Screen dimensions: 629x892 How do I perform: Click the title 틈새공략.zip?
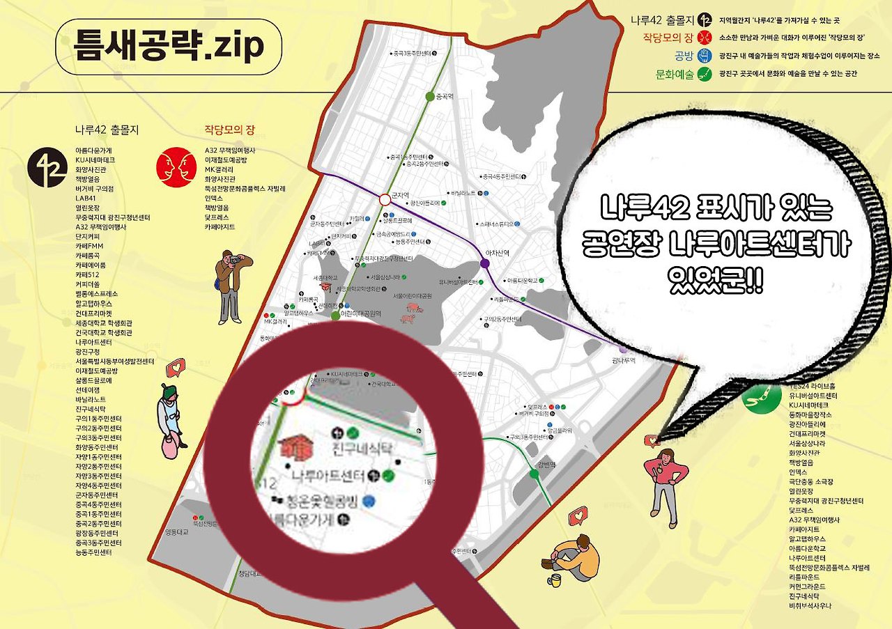pyautogui.click(x=168, y=46)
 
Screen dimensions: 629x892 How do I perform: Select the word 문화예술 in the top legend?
pyautogui.click(x=675, y=73)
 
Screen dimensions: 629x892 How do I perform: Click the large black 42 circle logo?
pyautogui.click(x=47, y=167)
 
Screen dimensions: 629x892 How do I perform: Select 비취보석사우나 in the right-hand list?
pyautogui.click(x=810, y=606)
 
